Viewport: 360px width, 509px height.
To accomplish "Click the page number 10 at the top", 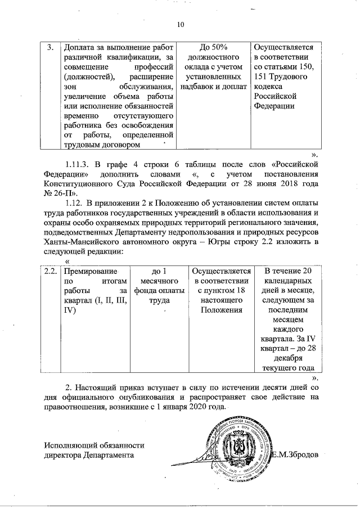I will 180,24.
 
